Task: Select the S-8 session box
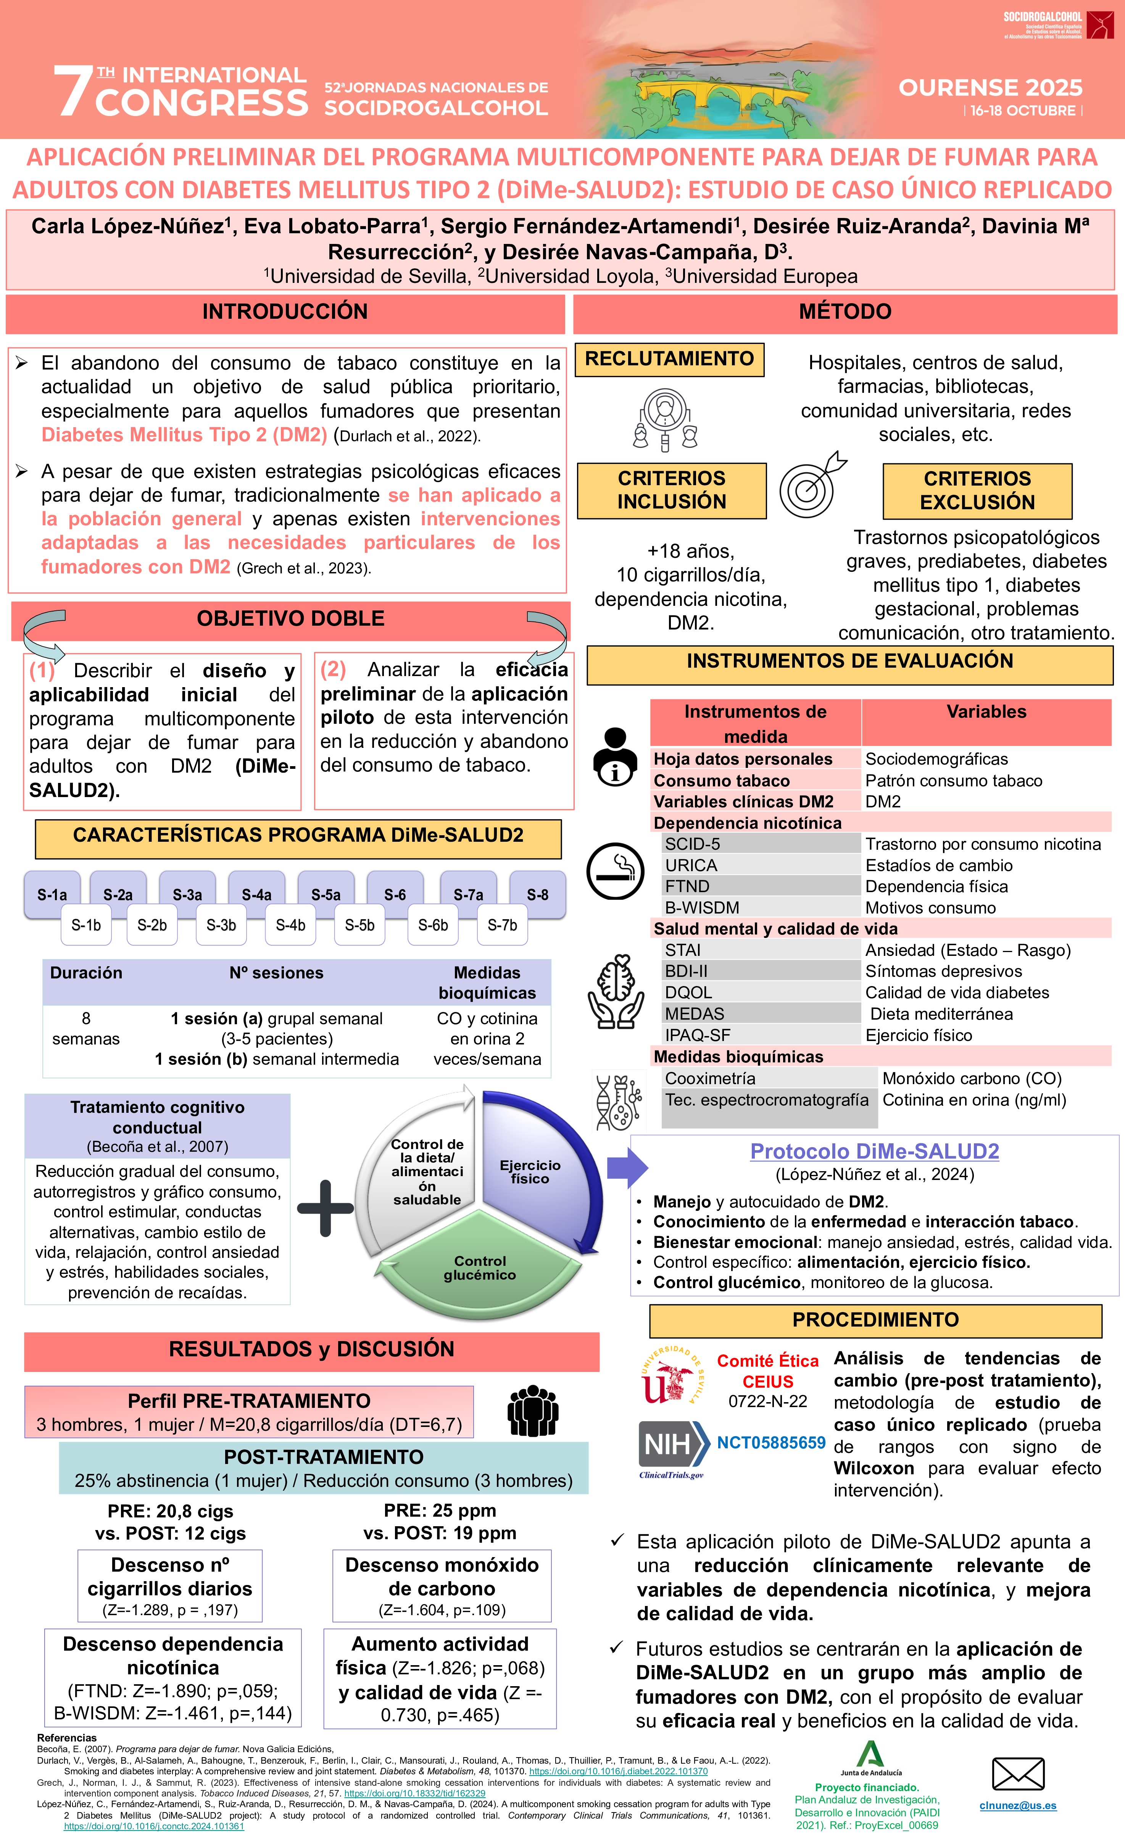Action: click(x=537, y=894)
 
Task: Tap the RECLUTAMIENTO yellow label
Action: click(x=669, y=359)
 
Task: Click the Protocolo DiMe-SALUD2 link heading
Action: click(x=874, y=1151)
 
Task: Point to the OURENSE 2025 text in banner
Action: click(x=990, y=88)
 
